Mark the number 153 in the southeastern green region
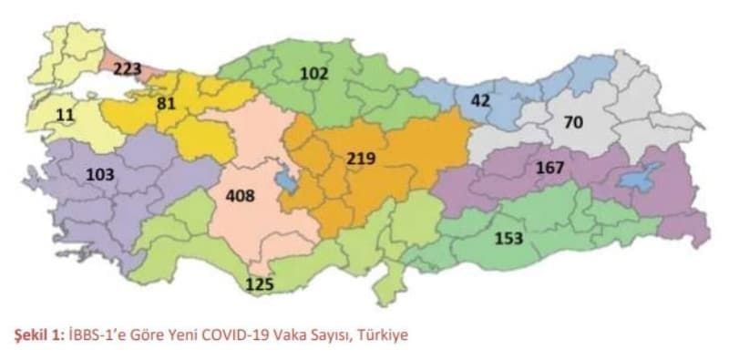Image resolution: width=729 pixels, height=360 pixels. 508,238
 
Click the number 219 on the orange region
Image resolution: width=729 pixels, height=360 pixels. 361,159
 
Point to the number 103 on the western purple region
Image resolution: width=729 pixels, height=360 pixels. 100,174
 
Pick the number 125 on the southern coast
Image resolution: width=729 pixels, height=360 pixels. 260,285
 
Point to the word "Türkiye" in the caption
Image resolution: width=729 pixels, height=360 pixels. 385,334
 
